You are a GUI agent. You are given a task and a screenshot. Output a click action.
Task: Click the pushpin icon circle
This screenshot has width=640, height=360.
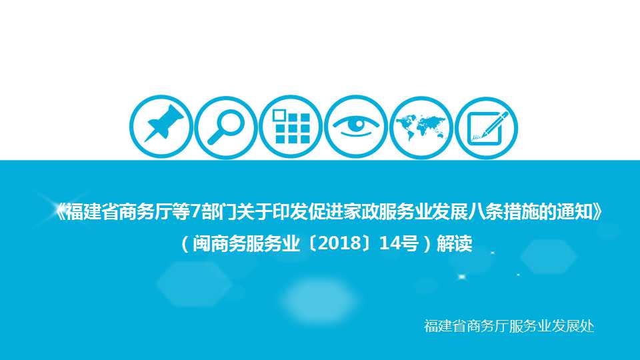click(x=161, y=127)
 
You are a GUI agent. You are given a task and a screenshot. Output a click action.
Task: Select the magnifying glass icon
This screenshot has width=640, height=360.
click(x=226, y=127)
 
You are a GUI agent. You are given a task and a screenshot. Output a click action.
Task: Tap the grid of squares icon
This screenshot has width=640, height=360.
click(x=291, y=127)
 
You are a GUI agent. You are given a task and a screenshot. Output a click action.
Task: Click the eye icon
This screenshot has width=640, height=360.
click(x=356, y=127)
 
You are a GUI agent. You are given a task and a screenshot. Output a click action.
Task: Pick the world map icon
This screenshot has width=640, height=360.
click(x=421, y=127)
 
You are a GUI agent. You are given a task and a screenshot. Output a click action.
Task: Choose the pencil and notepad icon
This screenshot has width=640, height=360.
click(x=486, y=127)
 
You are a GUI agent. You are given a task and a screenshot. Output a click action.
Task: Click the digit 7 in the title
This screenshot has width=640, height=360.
click(x=196, y=212)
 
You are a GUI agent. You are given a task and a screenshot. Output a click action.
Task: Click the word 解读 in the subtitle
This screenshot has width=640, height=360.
click(x=454, y=244)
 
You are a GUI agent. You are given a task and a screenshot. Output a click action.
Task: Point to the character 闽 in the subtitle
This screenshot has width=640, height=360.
click(x=201, y=244)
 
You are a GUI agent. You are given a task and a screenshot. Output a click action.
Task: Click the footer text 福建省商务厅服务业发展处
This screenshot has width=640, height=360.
click(x=509, y=326)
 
